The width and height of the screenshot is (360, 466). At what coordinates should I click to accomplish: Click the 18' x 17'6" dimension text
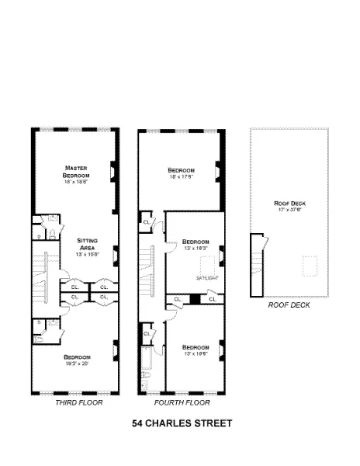[x=181, y=177]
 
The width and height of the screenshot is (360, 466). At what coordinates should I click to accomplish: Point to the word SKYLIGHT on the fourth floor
[x=206, y=276]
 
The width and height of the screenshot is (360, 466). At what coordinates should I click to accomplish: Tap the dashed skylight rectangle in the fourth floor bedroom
[x=207, y=263]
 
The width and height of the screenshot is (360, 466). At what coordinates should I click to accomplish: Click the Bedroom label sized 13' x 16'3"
[x=196, y=242]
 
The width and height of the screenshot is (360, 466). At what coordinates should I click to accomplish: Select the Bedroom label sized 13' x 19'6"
[x=195, y=346]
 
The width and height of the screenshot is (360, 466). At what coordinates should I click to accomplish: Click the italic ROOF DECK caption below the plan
[x=289, y=305]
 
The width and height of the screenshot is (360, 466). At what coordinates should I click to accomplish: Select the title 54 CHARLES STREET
[x=182, y=425]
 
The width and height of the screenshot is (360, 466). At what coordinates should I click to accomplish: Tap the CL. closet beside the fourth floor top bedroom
[x=146, y=222]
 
